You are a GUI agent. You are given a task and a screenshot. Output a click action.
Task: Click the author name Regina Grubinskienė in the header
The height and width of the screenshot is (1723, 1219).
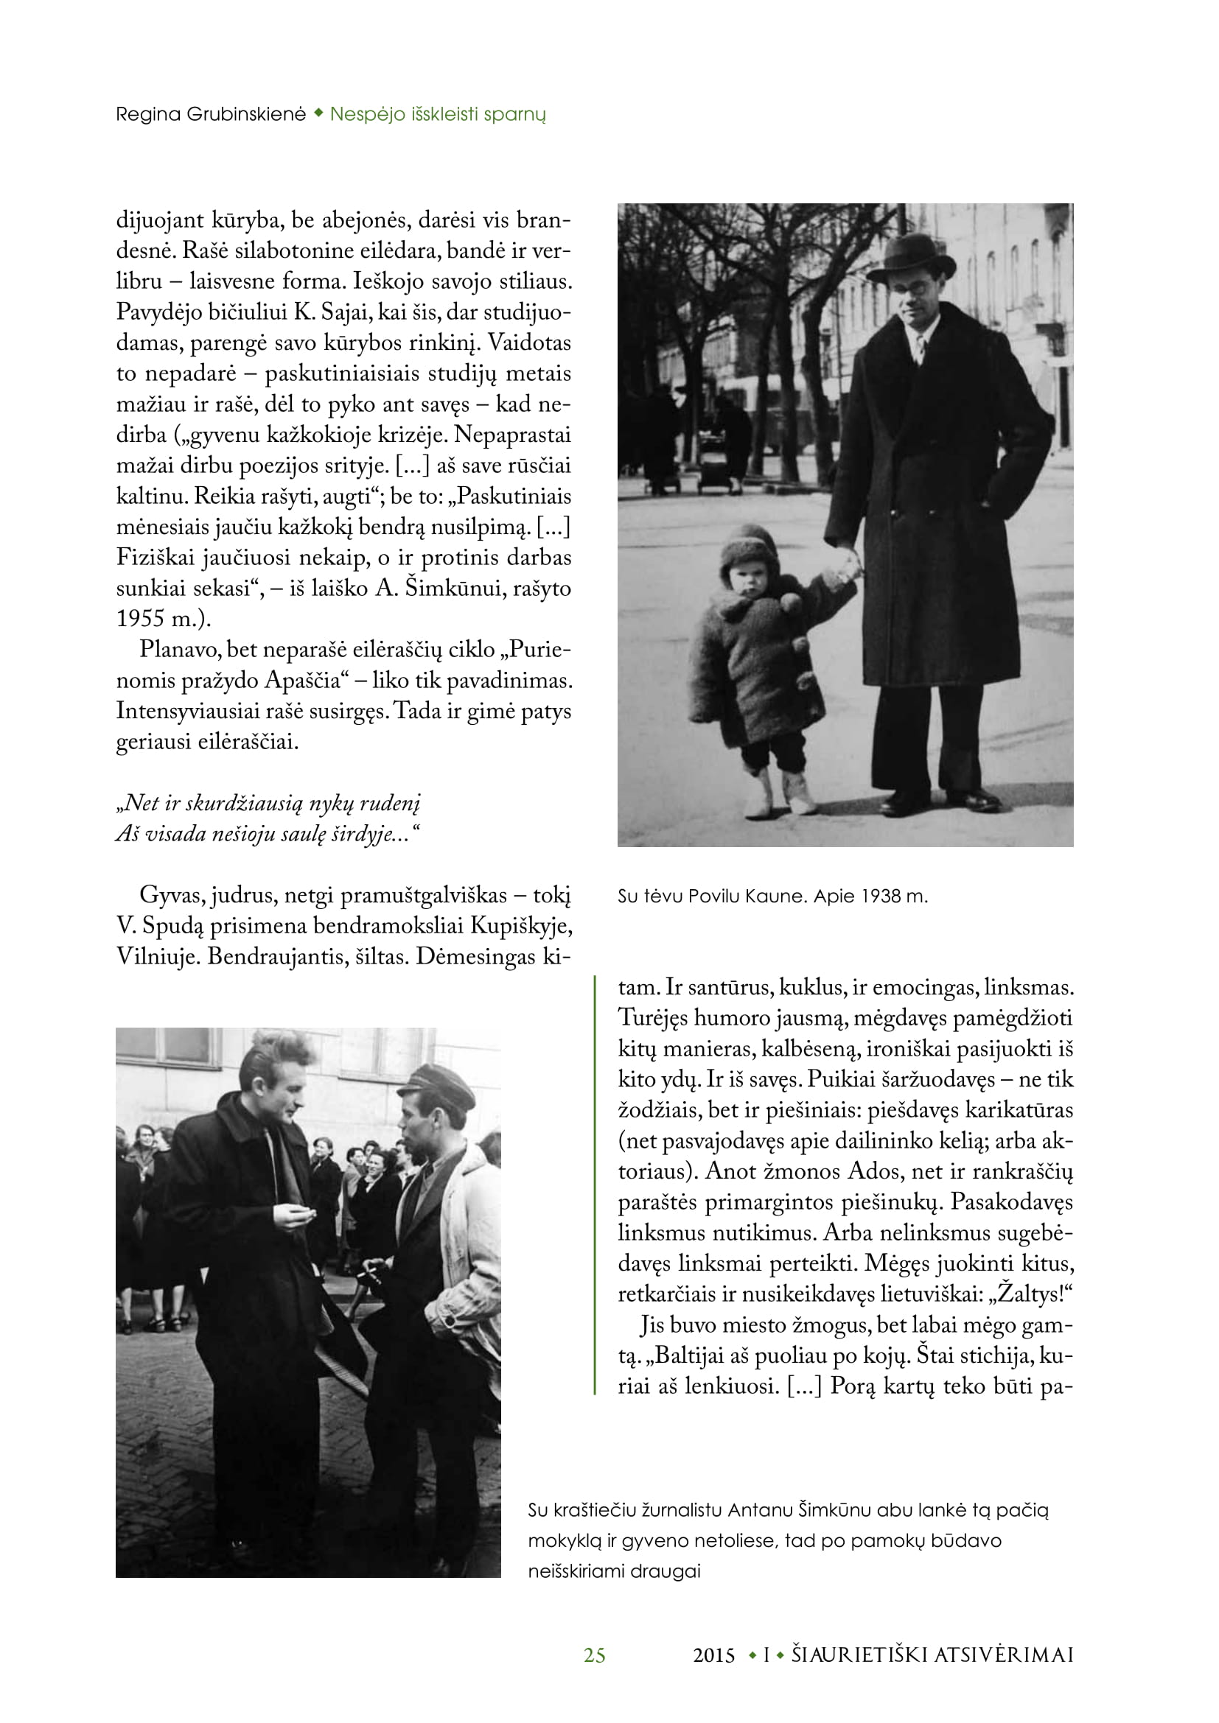[210, 114]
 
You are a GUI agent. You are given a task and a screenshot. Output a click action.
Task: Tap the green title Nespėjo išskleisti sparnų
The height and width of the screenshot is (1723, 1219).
[438, 114]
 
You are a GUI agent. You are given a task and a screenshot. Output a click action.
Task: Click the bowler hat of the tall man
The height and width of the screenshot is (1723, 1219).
[910, 257]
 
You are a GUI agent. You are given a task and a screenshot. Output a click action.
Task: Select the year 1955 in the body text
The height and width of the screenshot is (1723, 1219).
[139, 618]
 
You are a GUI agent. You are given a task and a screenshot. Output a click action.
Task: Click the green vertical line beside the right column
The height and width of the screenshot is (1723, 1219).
[595, 1186]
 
